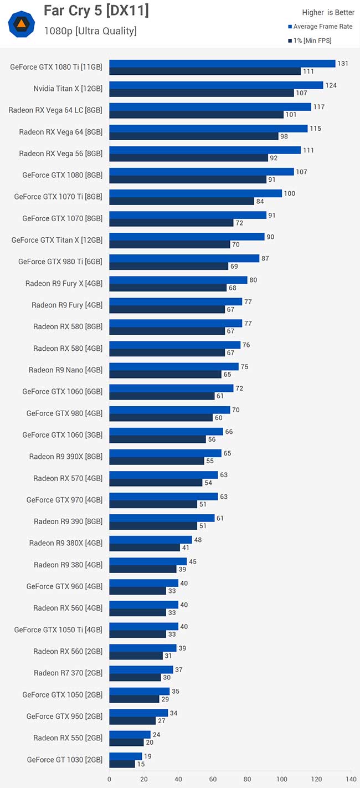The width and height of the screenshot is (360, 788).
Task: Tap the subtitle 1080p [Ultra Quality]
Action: point(90,31)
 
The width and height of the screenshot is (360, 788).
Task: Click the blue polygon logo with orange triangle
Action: point(22,23)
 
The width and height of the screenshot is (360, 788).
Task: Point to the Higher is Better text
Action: point(328,12)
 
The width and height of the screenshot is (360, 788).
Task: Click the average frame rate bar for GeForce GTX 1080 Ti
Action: point(222,64)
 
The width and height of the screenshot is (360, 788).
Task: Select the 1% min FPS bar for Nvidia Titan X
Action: point(201,93)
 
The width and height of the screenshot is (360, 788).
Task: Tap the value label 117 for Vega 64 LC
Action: point(319,107)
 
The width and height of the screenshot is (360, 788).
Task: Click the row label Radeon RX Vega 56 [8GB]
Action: point(60,153)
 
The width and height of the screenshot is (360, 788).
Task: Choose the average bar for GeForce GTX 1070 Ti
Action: point(196,193)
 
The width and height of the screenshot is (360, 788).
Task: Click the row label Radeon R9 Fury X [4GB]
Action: point(64,283)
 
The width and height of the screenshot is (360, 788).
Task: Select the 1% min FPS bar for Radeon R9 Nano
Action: point(165,375)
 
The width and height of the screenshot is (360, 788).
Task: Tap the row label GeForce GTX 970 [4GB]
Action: point(64,500)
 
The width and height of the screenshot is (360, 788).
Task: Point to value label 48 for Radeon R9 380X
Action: point(198,540)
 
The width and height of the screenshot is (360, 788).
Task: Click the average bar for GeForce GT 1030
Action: point(126,756)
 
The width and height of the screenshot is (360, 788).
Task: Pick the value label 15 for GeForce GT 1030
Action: point(141,764)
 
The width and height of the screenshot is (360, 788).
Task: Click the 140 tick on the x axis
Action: point(351,779)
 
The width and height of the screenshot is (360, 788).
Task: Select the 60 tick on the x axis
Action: point(213,779)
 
